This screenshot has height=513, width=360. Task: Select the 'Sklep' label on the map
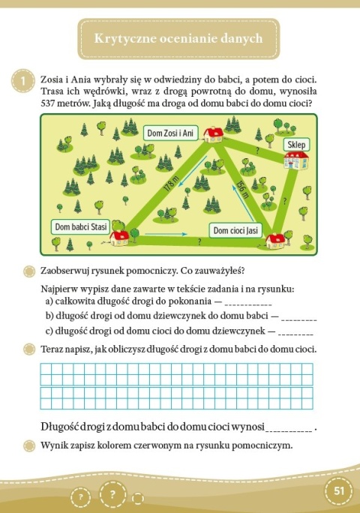coord(297,143)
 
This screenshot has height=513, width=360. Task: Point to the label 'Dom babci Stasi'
coord(81,225)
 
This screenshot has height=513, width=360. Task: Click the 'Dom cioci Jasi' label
coord(235,230)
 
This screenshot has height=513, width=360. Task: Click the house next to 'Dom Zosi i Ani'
coord(214,133)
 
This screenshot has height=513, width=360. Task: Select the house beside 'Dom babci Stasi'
coord(121,238)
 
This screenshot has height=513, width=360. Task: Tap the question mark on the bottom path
coord(199,241)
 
